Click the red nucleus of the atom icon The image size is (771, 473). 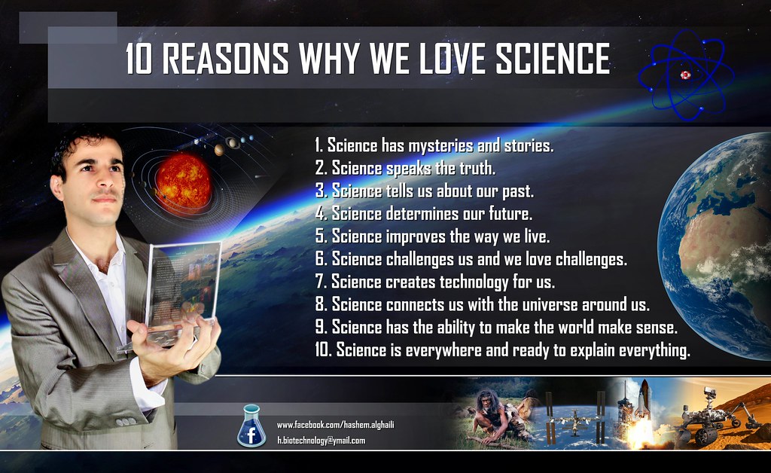(685, 75)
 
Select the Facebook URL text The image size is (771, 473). (335, 426)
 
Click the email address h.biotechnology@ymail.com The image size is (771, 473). (321, 441)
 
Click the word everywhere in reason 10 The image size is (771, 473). (444, 351)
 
